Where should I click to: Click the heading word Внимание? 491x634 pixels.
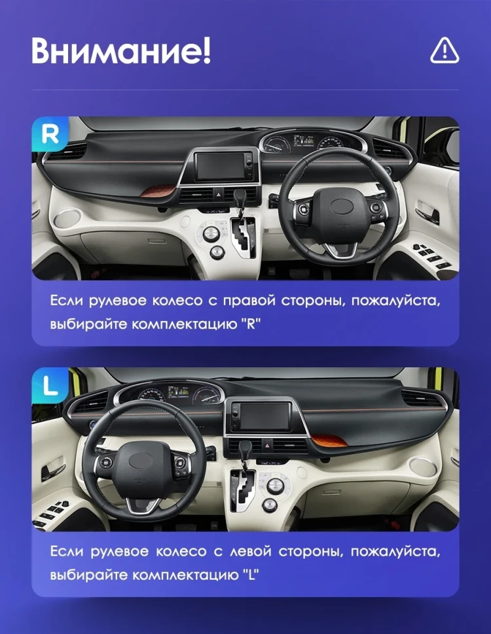121,51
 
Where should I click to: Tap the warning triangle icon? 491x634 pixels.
445,50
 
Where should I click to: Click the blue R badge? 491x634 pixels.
50,134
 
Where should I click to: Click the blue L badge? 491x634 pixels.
50,385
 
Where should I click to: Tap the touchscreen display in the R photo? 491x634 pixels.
222,166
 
